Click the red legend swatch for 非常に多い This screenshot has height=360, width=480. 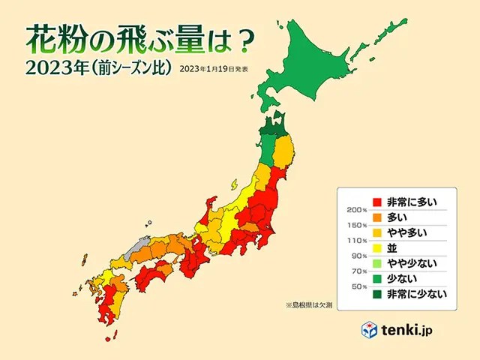click(379, 201)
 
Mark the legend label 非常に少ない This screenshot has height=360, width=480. click(416, 294)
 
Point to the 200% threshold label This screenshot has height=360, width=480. click(357, 209)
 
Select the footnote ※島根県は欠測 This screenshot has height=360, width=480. click(313, 305)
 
